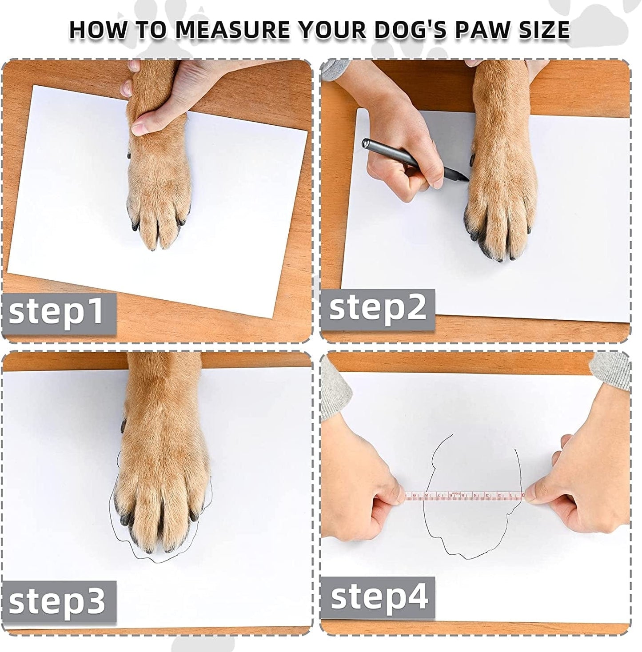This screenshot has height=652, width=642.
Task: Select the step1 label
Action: coord(56,311)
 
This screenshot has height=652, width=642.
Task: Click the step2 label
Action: coord(378,307)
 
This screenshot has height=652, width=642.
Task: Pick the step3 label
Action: coord(57,601)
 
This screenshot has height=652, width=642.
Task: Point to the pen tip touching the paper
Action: coord(467,179)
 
